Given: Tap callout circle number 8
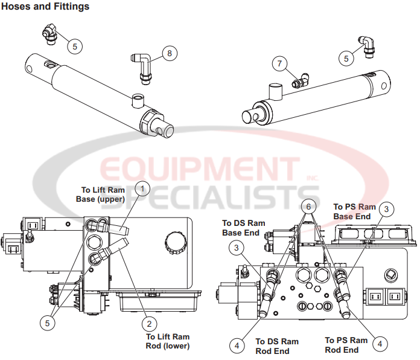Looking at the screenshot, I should [x=169, y=54].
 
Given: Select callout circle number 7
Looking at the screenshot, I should [x=278, y=63].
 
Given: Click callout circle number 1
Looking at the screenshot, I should [x=142, y=189].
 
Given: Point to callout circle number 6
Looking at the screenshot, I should [x=309, y=207].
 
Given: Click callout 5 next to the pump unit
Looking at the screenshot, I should [x=46, y=323].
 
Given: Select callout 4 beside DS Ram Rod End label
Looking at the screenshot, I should [x=237, y=345].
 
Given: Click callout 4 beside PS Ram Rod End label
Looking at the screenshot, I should [x=380, y=344].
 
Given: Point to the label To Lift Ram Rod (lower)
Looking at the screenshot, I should [x=168, y=341].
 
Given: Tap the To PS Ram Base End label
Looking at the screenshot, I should [x=354, y=211].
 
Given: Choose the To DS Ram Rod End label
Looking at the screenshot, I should [x=277, y=346].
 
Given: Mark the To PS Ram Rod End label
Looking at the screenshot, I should [x=346, y=345].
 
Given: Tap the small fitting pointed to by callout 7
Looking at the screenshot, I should [x=299, y=79].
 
